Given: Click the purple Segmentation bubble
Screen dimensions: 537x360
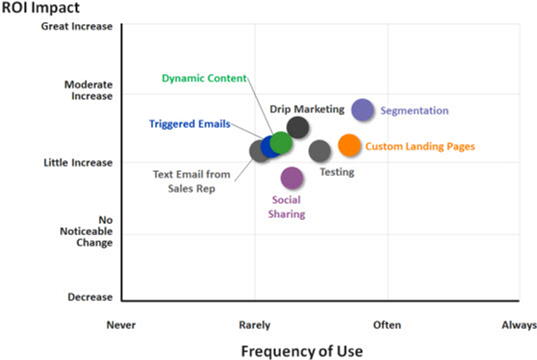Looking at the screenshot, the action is (363, 110).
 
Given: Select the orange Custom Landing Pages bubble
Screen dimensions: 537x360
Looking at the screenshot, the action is (349, 146).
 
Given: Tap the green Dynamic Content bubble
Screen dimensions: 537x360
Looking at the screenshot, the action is (280, 143).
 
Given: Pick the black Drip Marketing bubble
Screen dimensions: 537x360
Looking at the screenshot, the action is (298, 127).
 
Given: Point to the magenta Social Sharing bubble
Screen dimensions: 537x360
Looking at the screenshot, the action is (292, 178).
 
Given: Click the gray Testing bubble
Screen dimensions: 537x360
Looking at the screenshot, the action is (319, 151).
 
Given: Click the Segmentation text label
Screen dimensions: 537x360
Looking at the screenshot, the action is (414, 111).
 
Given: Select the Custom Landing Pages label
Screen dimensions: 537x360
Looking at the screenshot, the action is (420, 147).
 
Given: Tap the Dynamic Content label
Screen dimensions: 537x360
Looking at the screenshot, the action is (204, 78).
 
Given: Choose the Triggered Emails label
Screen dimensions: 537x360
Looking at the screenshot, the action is (190, 124).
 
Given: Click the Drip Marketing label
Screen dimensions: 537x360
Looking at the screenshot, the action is (308, 109).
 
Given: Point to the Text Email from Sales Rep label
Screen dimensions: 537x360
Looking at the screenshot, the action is (191, 182).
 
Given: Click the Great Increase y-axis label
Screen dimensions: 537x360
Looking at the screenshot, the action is (76, 26).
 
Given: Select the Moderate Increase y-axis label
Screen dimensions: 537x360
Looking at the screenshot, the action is (88, 90).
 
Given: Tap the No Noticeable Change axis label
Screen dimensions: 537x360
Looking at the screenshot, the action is (86, 231).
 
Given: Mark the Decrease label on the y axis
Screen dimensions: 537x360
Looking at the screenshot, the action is (90, 297).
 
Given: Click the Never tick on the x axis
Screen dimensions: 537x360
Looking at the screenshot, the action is (121, 325).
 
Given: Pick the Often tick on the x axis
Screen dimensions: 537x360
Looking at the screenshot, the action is (387, 325).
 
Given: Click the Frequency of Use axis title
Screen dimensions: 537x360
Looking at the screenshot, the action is (302, 351).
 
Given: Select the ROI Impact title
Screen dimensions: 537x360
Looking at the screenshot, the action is (41, 7).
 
